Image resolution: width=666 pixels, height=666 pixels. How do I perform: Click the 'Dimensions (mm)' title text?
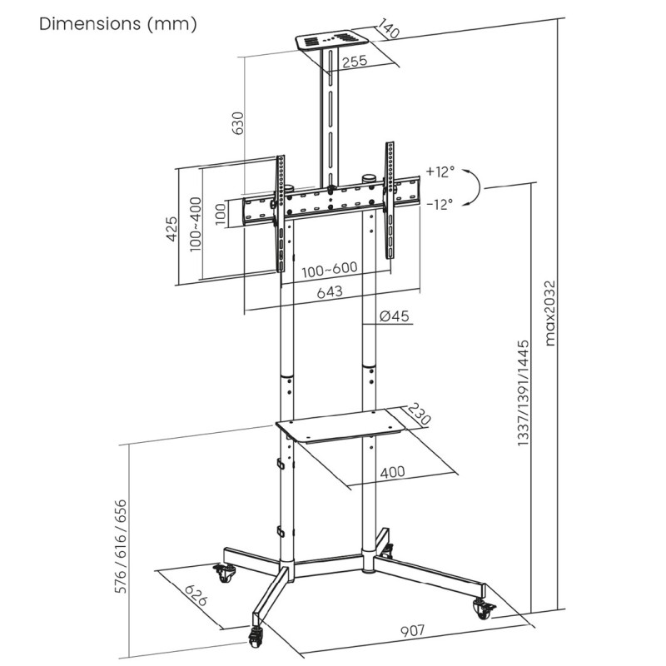click(x=118, y=24)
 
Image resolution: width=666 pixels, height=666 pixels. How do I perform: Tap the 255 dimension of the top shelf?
click(x=355, y=61)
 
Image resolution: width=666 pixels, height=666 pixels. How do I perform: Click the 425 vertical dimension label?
click(x=171, y=228)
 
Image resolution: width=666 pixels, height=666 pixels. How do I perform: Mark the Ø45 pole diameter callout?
click(x=393, y=316)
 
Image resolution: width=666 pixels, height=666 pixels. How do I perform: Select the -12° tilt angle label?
click(x=440, y=203)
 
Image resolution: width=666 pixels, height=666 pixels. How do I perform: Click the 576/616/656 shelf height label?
click(x=122, y=545)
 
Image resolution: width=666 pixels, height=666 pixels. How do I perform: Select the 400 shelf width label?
click(x=393, y=472)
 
